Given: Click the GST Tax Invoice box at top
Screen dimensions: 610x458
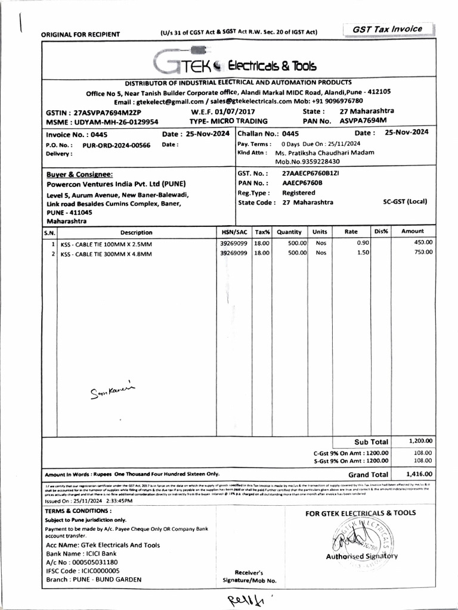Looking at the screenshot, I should (x=387, y=29).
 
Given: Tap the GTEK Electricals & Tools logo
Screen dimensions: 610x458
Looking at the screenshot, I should (x=234, y=64).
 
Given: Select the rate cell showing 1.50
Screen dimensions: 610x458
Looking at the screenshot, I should (x=363, y=253).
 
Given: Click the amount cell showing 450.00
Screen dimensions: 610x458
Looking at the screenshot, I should (x=424, y=242).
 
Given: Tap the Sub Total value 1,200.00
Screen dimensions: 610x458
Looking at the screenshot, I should (x=421, y=441).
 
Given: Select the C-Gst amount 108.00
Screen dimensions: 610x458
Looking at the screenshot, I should (x=422, y=453).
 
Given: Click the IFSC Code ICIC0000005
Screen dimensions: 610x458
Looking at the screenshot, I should (x=83, y=570).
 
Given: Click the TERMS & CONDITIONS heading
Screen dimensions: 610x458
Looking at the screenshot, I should (x=78, y=511).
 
